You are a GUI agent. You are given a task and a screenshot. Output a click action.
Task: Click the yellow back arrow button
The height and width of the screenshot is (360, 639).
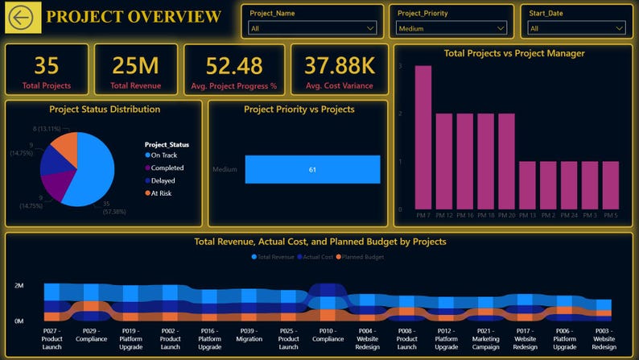[x=23, y=18]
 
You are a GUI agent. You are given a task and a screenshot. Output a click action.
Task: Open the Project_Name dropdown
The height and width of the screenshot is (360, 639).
[x=312, y=28]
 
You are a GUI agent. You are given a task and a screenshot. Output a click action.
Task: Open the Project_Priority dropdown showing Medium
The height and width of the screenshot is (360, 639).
[x=451, y=28]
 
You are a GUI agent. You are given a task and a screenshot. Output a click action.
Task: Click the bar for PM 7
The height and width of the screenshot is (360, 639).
[x=423, y=137]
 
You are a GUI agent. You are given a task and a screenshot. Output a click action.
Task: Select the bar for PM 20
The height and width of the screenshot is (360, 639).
[x=506, y=161]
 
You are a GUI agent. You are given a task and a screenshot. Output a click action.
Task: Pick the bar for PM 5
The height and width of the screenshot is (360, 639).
[x=611, y=185]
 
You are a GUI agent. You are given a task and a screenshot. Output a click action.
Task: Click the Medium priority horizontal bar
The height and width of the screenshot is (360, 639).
[x=312, y=169]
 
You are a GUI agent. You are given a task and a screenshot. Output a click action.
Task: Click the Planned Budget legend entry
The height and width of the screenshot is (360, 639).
[x=363, y=257]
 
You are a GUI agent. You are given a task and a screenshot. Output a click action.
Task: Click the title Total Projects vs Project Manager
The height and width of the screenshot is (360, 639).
[x=514, y=53]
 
